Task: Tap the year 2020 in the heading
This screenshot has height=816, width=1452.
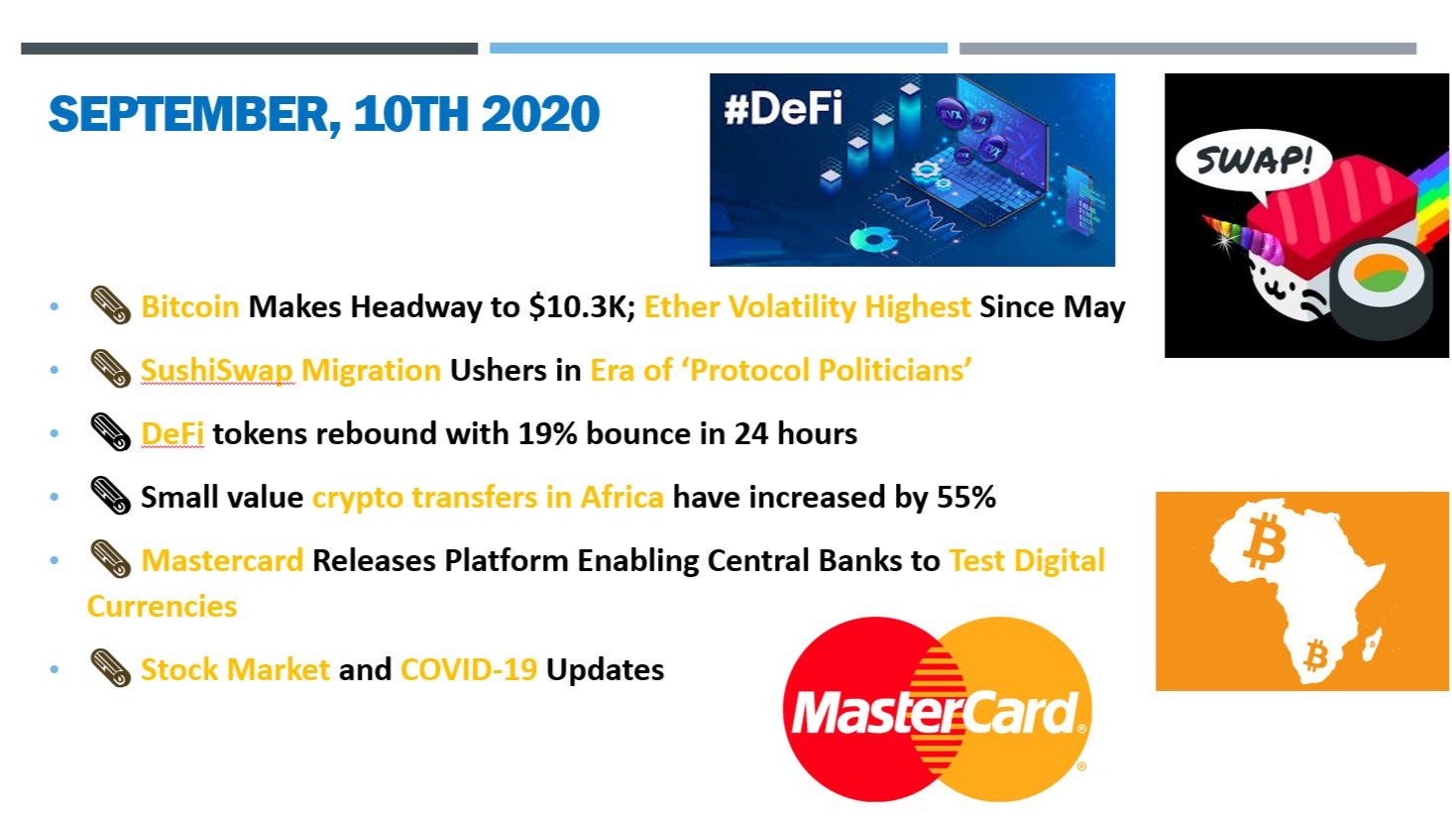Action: pyautogui.click(x=540, y=113)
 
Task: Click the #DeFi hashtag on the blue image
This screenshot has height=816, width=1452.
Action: pyautogui.click(x=783, y=108)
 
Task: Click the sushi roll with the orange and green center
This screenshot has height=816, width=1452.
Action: pyautogui.click(x=1380, y=285)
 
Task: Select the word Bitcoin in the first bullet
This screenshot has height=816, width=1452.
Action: pyautogui.click(x=190, y=306)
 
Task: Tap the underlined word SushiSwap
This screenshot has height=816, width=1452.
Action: pyautogui.click(x=217, y=371)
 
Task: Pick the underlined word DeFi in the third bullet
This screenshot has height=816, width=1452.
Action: pyautogui.click(x=172, y=433)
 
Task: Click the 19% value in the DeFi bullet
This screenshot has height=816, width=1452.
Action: pyautogui.click(x=548, y=433)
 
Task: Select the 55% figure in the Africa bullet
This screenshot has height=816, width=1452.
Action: pyautogui.click(x=965, y=497)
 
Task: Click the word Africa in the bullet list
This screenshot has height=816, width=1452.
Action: pyautogui.click(x=621, y=497)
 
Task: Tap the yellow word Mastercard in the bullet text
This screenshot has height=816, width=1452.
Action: pyautogui.click(x=222, y=560)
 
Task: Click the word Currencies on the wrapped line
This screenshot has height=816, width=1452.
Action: pyautogui.click(x=163, y=607)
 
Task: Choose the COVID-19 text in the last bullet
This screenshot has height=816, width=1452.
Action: pyautogui.click(x=469, y=669)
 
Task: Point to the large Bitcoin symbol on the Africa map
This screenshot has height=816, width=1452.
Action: pyautogui.click(x=1265, y=540)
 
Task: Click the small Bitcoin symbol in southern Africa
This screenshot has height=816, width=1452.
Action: pyautogui.click(x=1317, y=655)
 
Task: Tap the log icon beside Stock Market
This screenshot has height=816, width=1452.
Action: pyautogui.click(x=110, y=668)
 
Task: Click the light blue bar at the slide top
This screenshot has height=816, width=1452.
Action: pyautogui.click(x=719, y=48)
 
